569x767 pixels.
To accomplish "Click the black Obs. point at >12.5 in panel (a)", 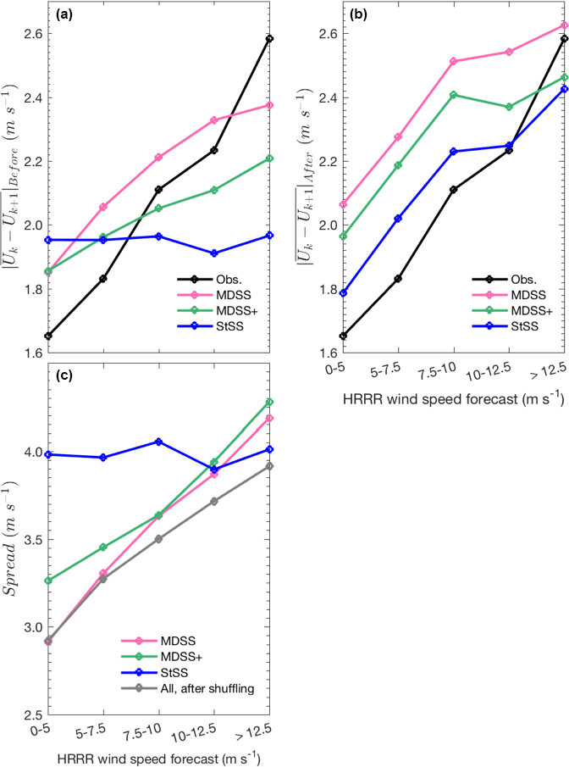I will click(x=269, y=39).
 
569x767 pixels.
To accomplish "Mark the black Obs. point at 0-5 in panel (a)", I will click(x=49, y=336).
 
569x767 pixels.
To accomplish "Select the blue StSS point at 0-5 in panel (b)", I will click(x=344, y=293).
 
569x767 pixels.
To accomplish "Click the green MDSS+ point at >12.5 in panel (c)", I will click(x=269, y=402).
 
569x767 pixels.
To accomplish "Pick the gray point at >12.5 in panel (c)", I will click(x=269, y=466).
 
